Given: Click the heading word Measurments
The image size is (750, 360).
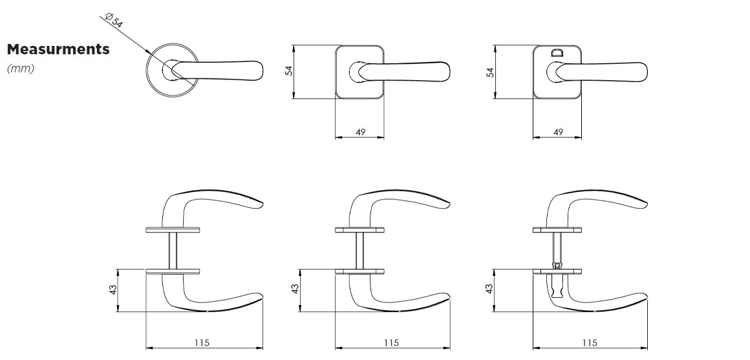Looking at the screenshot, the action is pos(58,49).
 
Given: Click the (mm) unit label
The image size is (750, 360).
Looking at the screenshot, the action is pos(21,69).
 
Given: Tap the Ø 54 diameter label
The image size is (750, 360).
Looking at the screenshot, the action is pos(113,21).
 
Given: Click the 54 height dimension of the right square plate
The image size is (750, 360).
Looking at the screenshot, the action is pos(490,72).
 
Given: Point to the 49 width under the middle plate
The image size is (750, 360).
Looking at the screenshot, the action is pos(361,132).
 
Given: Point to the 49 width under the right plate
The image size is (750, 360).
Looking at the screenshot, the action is pos(558,132).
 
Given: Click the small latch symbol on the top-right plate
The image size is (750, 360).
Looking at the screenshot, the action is pos(557,52).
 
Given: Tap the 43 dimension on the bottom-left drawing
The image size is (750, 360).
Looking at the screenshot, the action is pos(113,290).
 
